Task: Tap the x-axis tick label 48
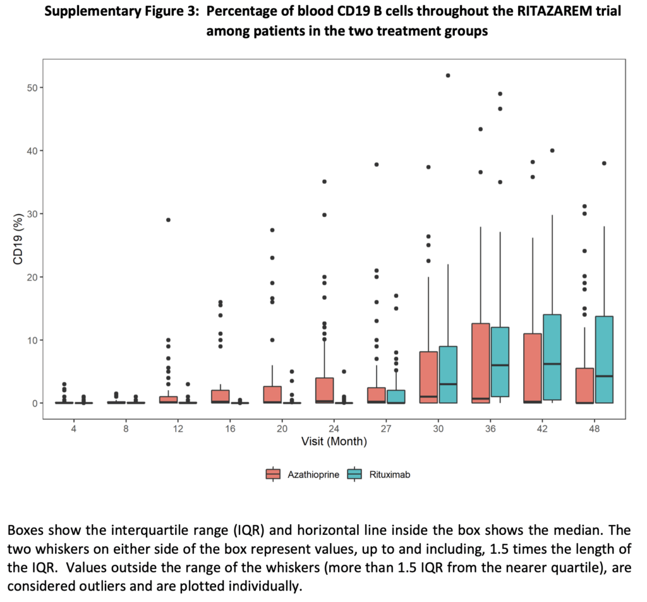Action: coord(594,429)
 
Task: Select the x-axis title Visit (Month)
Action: coord(334,441)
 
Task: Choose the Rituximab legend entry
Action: coord(378,474)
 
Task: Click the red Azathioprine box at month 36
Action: coord(481,363)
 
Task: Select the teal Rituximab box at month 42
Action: coord(552,357)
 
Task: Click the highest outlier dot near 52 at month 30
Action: coord(448,75)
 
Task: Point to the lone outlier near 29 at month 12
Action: coord(168,220)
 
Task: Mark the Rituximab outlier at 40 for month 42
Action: coord(552,150)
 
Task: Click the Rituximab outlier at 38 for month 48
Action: coord(604,163)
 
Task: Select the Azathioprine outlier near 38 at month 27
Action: coord(377,164)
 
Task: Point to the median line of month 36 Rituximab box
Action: coord(500,365)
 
